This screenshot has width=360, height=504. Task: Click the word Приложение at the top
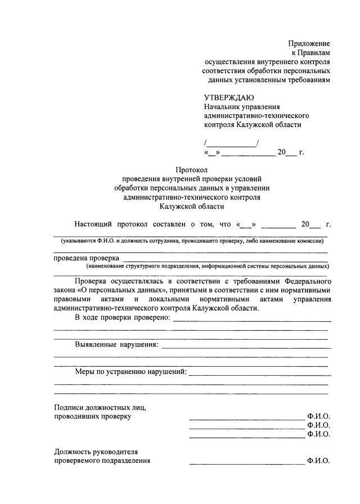tap(309, 43)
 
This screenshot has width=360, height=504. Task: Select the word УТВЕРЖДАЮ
tap(229, 97)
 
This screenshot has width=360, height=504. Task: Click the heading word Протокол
tap(192, 169)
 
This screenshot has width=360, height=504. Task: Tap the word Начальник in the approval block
tap(223, 107)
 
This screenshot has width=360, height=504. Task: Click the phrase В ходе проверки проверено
tap(123, 318)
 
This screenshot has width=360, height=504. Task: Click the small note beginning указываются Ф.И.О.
tap(192, 241)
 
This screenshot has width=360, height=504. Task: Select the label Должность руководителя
tap(96, 452)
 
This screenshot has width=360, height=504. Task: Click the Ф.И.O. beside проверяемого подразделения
tap(318, 461)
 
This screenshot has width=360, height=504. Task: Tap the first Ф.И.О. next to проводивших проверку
tap(318, 417)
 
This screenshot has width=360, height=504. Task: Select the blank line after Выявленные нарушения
tap(245, 347)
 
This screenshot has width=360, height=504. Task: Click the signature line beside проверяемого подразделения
tap(246, 463)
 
